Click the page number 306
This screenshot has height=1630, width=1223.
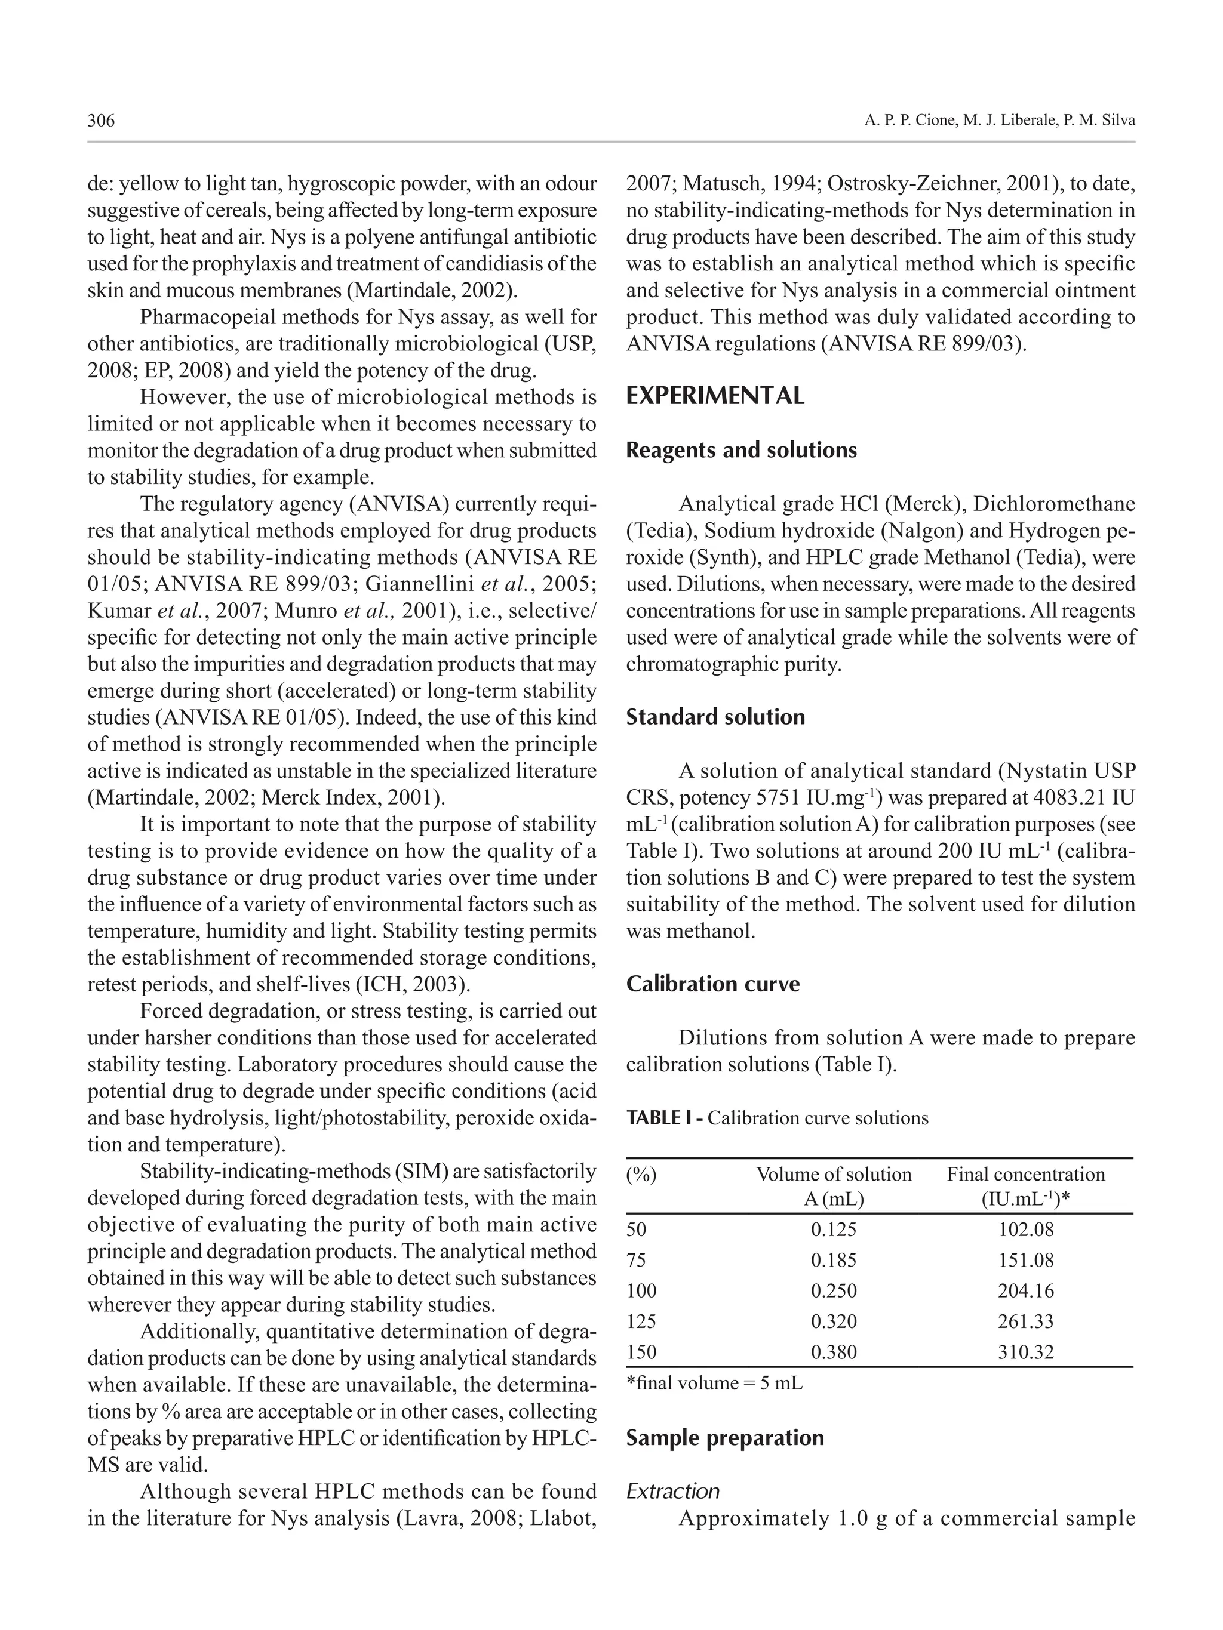click(101, 120)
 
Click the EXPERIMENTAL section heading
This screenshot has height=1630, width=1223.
click(714, 396)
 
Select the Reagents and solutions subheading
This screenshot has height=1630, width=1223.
click(741, 449)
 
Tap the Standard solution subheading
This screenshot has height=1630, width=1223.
click(715, 716)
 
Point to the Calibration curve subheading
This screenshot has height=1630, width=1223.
click(712, 984)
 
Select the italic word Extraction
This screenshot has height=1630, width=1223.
click(672, 1491)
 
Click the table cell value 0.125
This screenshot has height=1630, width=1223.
click(833, 1229)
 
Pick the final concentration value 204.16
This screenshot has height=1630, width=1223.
click(1025, 1290)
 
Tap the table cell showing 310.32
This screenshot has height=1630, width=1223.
click(1025, 1351)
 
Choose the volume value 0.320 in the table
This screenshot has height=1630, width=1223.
click(833, 1320)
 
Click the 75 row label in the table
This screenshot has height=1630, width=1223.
click(636, 1260)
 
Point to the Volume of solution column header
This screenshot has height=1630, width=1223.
click(833, 1174)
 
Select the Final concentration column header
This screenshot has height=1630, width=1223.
click(1025, 1174)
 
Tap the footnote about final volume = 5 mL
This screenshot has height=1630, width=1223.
click(714, 1382)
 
